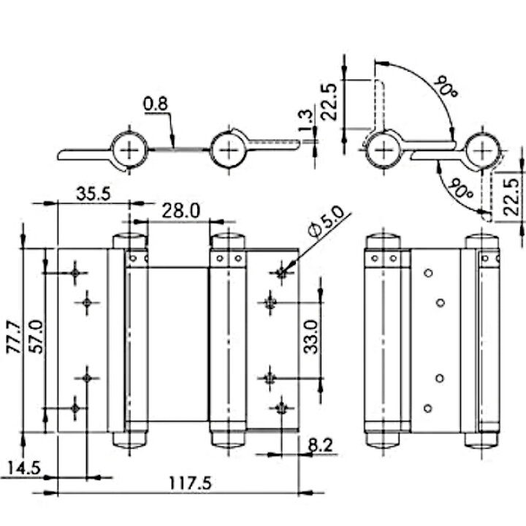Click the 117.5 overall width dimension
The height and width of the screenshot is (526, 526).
(190, 484)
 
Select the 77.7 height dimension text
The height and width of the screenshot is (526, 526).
(14, 337)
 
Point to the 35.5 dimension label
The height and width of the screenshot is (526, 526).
(94, 194)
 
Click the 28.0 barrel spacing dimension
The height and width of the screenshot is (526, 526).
(181, 211)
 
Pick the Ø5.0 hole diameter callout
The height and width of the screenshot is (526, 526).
(326, 222)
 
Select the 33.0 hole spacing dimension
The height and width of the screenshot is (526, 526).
(310, 337)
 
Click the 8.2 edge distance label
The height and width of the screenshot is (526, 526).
(321, 445)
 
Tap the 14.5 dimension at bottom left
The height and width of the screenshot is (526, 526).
(24, 468)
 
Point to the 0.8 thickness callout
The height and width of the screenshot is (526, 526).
(156, 104)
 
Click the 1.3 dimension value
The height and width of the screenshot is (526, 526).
(305, 121)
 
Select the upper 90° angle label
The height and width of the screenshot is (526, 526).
(445, 86)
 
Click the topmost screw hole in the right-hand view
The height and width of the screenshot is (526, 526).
(428, 272)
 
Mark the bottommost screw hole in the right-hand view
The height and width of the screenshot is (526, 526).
(427, 408)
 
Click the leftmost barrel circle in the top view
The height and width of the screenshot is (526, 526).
(129, 150)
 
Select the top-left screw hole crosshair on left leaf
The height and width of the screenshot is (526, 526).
(75, 273)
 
